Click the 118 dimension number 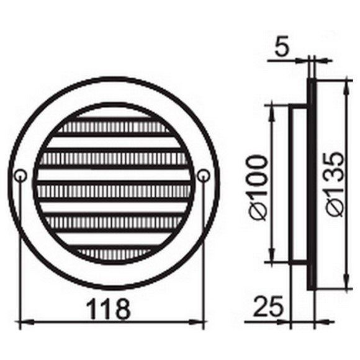pyautogui.click(x=109, y=308)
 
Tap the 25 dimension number pyautogui.click(x=268, y=307)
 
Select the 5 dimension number pyautogui.click(x=282, y=48)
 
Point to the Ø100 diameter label pyautogui.click(x=259, y=187)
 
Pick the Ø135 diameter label pyautogui.click(x=336, y=184)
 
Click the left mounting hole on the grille pyautogui.click(x=20, y=176)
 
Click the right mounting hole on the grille pyautogui.click(x=204, y=176)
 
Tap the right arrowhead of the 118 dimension pyautogui.click(x=197, y=323)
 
